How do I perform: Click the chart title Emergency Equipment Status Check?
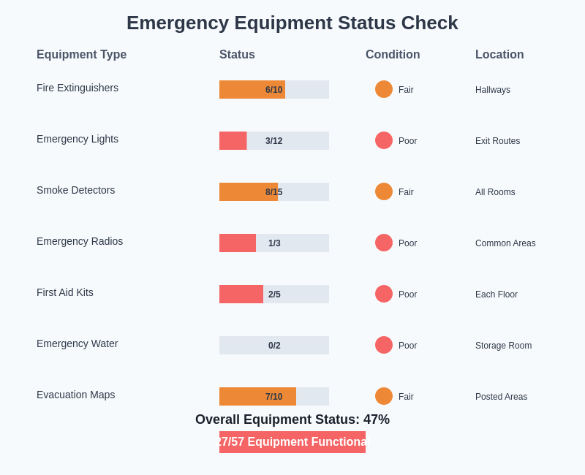(x=292, y=23)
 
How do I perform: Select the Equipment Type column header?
(x=81, y=55)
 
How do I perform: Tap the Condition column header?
(x=393, y=55)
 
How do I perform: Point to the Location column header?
(x=499, y=55)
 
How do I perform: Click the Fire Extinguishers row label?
(x=78, y=88)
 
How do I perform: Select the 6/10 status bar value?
(x=273, y=90)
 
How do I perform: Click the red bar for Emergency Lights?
(x=233, y=140)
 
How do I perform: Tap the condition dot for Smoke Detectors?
(x=384, y=191)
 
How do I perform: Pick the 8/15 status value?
(x=273, y=192)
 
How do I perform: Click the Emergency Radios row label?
(x=80, y=241)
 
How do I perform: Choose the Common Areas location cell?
(x=505, y=243)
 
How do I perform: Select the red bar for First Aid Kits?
(x=241, y=294)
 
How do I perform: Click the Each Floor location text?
(x=497, y=294)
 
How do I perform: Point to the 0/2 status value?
(x=274, y=346)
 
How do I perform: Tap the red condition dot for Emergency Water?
(x=384, y=345)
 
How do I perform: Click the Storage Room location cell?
(x=503, y=346)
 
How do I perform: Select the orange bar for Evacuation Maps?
(x=257, y=396)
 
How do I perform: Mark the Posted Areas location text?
(x=501, y=397)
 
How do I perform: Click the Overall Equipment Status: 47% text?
(x=292, y=419)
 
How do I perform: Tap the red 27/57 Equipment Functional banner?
(x=292, y=442)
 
